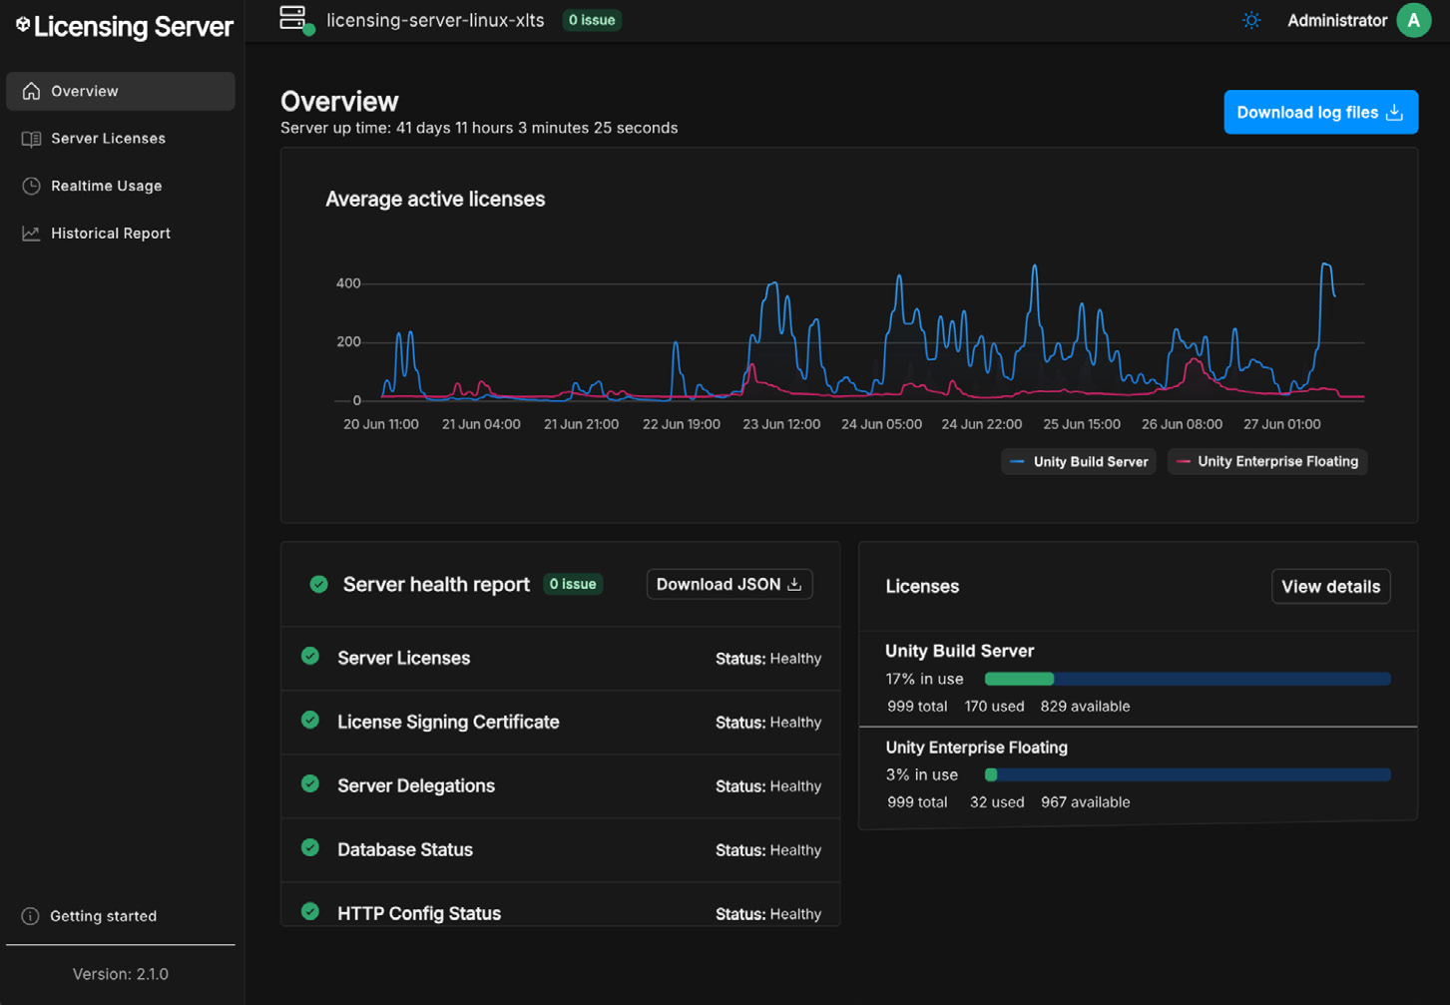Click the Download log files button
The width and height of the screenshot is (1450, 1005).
pyautogui.click(x=1320, y=112)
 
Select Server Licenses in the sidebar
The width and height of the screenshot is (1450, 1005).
pyautogui.click(x=108, y=139)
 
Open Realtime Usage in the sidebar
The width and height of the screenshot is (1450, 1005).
pyautogui.click(x=106, y=186)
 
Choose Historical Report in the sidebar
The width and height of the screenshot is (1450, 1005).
pyautogui.click(x=110, y=234)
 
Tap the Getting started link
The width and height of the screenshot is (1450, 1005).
pyautogui.click(x=103, y=915)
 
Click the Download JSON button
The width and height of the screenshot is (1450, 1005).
pyautogui.click(x=729, y=584)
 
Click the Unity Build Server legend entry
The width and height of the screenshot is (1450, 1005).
pyautogui.click(x=1079, y=462)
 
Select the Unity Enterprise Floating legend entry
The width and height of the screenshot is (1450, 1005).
pyautogui.click(x=1267, y=462)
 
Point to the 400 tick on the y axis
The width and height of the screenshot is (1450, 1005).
pyautogui.click(x=348, y=283)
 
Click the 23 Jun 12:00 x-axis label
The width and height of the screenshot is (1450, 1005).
pyautogui.click(x=781, y=424)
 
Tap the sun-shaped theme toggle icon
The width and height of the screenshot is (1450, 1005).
pyautogui.click(x=1251, y=21)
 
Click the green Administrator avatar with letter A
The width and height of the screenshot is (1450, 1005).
pyautogui.click(x=1414, y=21)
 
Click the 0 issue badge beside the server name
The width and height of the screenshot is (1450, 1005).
pyautogui.click(x=592, y=20)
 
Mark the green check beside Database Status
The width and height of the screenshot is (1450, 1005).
pyautogui.click(x=310, y=847)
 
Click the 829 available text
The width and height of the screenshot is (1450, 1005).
pyautogui.click(x=1085, y=706)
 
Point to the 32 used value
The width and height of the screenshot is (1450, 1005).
pyautogui.click(x=997, y=801)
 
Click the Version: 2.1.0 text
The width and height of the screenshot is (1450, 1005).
pyautogui.click(x=121, y=974)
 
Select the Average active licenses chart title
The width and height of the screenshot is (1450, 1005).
pyautogui.click(x=435, y=199)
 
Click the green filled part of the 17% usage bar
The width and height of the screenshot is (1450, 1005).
pyautogui.click(x=1020, y=679)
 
